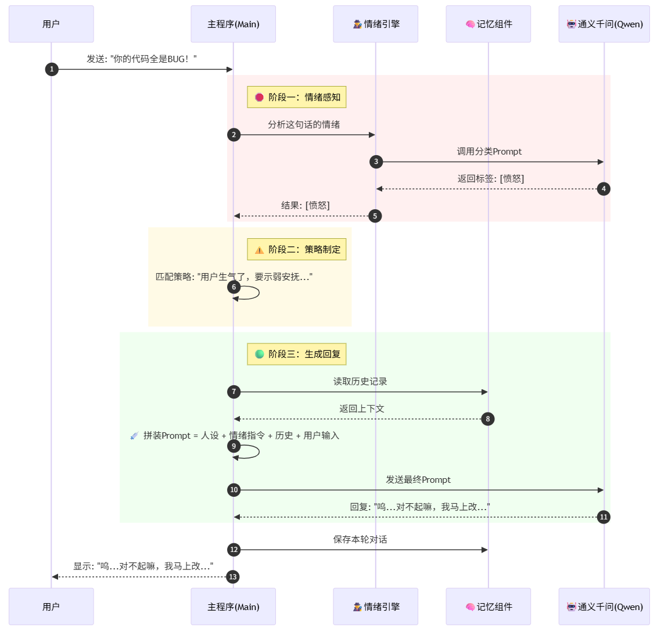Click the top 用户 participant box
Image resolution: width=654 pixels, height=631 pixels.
coord(51,24)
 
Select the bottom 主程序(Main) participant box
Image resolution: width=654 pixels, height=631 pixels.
coord(233,607)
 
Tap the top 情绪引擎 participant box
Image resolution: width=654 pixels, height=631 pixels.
coord(375,24)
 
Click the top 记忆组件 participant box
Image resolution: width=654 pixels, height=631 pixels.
coord(488,24)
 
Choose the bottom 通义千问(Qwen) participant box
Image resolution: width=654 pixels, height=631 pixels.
coord(604,607)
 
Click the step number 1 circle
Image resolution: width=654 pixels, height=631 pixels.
coord(52,69)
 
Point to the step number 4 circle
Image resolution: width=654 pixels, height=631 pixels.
coord(603,189)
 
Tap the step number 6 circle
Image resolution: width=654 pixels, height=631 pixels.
coord(234,287)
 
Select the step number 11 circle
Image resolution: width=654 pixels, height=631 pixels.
coord(603,517)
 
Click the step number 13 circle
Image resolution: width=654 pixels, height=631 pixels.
coord(233,577)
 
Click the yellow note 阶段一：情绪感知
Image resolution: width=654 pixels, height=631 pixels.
coord(297,97)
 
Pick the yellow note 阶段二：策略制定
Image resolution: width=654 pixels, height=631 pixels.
coord(297,249)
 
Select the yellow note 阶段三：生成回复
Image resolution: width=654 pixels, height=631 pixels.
coord(297,354)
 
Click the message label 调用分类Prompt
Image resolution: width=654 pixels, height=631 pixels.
coord(489,152)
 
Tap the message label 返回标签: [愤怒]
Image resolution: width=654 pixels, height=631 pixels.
coord(490,178)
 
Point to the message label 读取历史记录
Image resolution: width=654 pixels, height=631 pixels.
coord(360,381)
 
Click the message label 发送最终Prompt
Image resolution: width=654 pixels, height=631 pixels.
coord(418,479)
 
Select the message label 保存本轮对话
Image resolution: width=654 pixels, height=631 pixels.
coord(360,539)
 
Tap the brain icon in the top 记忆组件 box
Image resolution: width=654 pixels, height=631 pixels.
coord(470,24)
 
